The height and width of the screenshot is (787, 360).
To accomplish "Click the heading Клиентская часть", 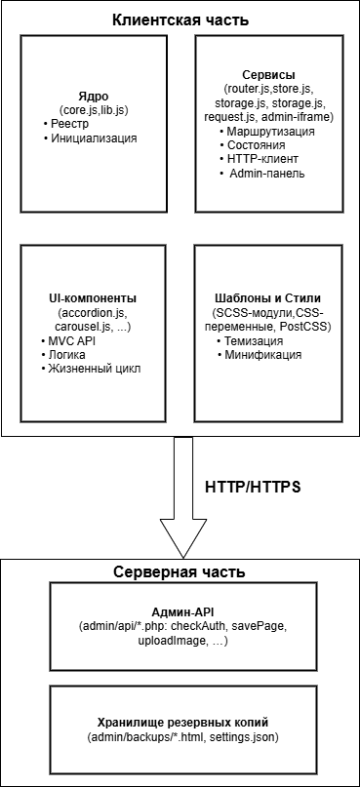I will point(180,20).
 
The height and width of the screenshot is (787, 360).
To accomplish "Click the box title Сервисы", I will point(268,74).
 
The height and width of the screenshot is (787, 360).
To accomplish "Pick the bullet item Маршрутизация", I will point(272,131).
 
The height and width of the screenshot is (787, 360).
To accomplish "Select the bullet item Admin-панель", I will point(267,174).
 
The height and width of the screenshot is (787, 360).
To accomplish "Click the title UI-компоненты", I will point(94,296).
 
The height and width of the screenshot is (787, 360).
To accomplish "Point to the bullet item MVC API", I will point(74,340).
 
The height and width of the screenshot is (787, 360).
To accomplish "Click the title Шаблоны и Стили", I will point(266,297).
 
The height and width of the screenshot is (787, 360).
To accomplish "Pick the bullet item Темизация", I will point(256,341).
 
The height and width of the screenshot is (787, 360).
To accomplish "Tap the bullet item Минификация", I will point(263,355).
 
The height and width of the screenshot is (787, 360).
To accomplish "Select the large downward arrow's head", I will point(180,534).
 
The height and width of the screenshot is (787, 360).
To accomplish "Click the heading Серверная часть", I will point(180,571).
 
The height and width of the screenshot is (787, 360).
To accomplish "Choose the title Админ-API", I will point(179,608).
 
